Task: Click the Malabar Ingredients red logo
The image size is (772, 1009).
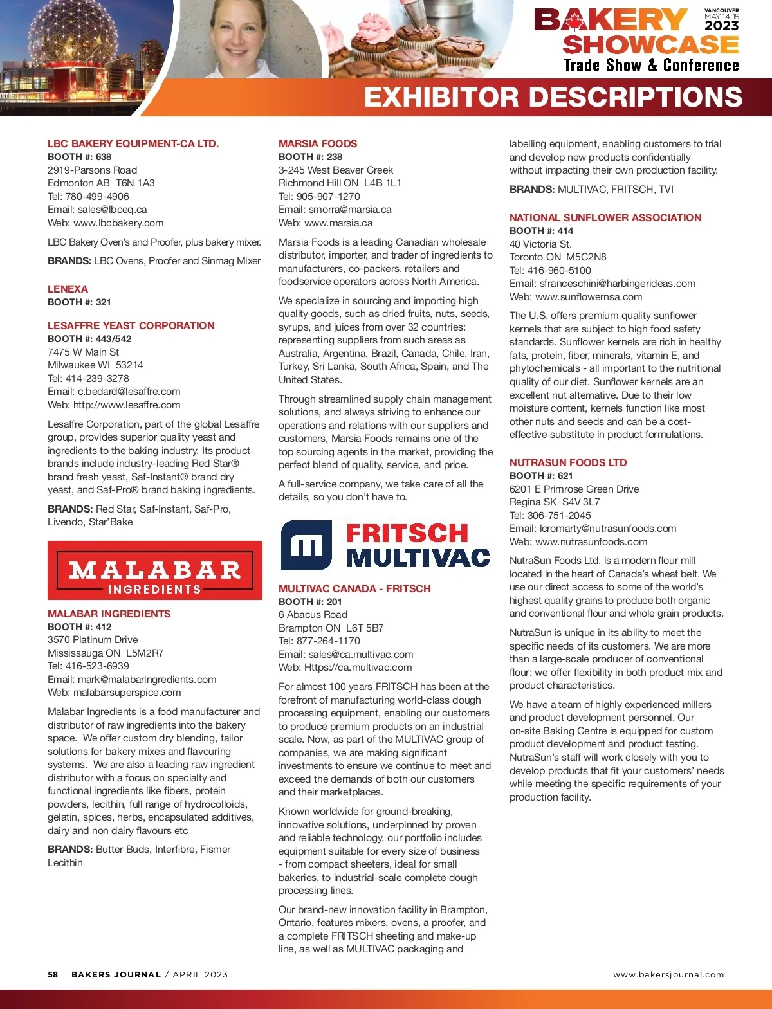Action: click(x=154, y=570)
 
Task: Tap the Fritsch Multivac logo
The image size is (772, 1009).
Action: click(x=385, y=545)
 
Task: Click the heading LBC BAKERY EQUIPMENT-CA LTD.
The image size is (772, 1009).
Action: click(x=133, y=144)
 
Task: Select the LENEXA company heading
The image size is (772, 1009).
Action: click(x=68, y=289)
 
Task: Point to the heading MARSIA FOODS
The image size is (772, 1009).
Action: click(x=318, y=144)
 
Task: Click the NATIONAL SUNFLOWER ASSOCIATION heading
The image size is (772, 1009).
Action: click(x=605, y=218)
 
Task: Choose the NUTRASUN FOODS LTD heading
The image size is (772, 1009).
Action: click(x=568, y=463)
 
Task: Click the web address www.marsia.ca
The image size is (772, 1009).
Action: click(x=338, y=223)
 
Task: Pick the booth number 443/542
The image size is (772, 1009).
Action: click(x=113, y=339)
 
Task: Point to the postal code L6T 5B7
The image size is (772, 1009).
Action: click(x=365, y=628)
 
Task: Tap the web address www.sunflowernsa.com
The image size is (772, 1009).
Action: click(x=589, y=297)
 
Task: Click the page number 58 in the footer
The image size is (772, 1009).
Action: click(x=53, y=975)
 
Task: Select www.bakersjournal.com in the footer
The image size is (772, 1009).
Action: click(x=668, y=975)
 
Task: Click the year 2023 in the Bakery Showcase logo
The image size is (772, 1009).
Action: click(x=721, y=26)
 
